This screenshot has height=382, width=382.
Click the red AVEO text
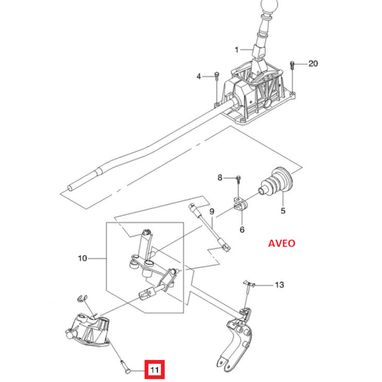point(282,243)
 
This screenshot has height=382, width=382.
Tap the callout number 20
point(313,63)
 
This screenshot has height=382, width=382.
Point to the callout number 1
point(236,50)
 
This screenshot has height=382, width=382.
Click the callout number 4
point(199,76)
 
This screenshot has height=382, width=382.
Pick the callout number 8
point(220,178)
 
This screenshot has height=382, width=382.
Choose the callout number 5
point(283,211)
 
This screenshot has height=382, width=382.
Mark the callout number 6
point(242,230)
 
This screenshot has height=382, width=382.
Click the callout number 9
point(212,212)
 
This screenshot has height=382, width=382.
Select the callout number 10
point(83,258)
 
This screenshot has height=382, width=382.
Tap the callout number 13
point(280,285)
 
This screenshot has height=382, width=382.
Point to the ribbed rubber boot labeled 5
point(276,181)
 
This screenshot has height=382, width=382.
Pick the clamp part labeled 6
point(240,204)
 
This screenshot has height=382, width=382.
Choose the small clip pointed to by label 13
point(249,283)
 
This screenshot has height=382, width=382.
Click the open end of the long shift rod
point(70,188)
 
